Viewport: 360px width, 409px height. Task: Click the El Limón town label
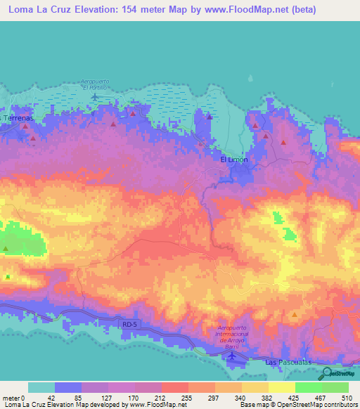(x=234, y=160)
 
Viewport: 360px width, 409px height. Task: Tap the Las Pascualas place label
(x=288, y=361)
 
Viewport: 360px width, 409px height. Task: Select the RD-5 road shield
(x=127, y=325)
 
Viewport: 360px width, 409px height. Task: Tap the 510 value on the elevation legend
(x=346, y=397)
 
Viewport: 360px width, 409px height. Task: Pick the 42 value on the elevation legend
(x=41, y=397)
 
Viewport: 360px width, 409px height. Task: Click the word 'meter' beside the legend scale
(x=11, y=397)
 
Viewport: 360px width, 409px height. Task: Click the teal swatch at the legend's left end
(x=41, y=387)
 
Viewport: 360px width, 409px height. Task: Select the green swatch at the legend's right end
(x=335, y=387)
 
